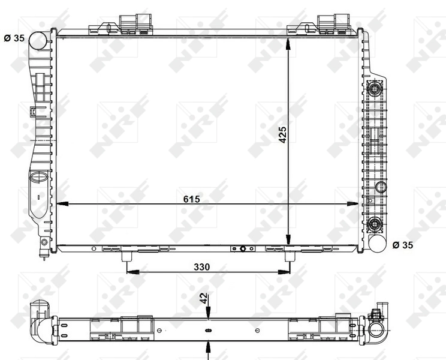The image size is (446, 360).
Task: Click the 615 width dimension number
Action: [x=192, y=198]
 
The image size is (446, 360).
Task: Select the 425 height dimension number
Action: [x=283, y=137]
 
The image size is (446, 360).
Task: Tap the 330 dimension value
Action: [x=201, y=267]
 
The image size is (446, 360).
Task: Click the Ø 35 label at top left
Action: [x=14, y=38]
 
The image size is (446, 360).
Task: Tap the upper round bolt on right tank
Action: [x=376, y=91]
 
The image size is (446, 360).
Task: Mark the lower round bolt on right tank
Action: [x=376, y=224]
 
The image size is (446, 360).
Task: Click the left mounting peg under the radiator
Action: [x=127, y=256]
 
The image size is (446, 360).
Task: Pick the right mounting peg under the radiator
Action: [x=290, y=256]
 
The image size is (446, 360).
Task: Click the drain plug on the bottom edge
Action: [x=243, y=249]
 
